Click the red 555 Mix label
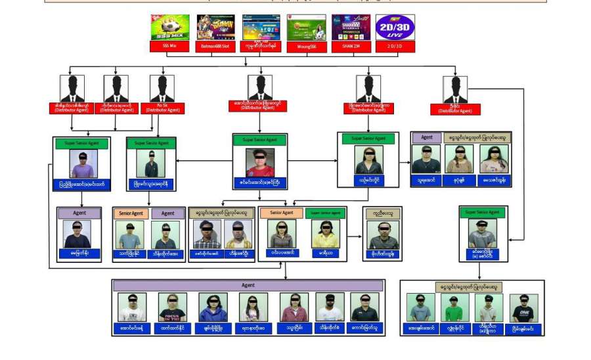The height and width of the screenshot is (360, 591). (x=170, y=47)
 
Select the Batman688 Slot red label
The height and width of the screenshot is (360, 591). (x=215, y=47)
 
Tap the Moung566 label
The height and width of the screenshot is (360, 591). (x=306, y=47)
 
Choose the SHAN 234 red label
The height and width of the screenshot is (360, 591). (x=351, y=47)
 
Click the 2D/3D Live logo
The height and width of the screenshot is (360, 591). (x=395, y=27)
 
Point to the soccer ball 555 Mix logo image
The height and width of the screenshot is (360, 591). (x=170, y=27)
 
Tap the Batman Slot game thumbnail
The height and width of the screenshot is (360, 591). (x=215, y=27)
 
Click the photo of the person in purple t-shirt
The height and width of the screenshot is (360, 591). (x=83, y=164)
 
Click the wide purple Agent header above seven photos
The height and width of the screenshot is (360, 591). (x=248, y=286)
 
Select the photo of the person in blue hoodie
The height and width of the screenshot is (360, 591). (x=213, y=307)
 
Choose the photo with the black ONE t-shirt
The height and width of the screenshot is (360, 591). (x=523, y=307)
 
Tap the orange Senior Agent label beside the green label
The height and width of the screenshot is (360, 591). (x=281, y=213)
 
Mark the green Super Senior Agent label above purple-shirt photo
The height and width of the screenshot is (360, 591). (x=83, y=142)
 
